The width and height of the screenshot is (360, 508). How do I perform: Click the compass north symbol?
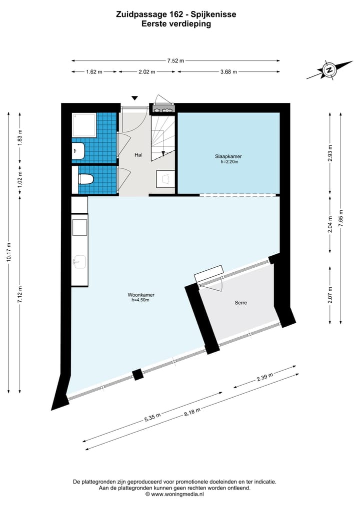[329, 70]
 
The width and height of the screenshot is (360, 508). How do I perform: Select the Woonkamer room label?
[140, 297]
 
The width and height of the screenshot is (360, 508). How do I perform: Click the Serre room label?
[241, 303]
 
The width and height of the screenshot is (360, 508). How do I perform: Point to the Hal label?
[138, 155]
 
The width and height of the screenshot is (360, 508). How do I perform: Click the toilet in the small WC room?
[85, 178]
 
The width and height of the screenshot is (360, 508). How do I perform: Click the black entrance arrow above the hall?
[134, 98]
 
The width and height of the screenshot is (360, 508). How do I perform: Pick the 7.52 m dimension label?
[175, 60]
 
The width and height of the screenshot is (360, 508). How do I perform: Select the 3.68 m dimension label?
[228, 72]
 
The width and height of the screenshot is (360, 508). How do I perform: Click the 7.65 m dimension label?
[340, 218]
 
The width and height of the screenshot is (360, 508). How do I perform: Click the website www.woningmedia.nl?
[177, 495]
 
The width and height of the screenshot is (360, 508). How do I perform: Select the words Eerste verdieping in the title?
[176, 23]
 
